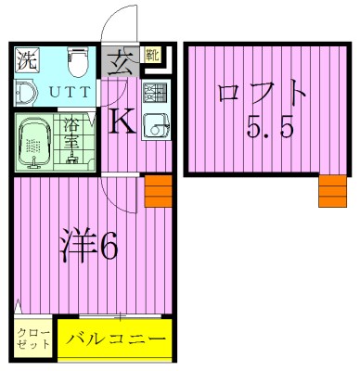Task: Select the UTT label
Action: pyautogui.click(x=64, y=92)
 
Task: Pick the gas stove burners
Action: pyautogui.click(x=154, y=92)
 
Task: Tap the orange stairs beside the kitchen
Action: pyautogui.click(x=158, y=194)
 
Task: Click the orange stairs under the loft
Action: pyautogui.click(x=331, y=191)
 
